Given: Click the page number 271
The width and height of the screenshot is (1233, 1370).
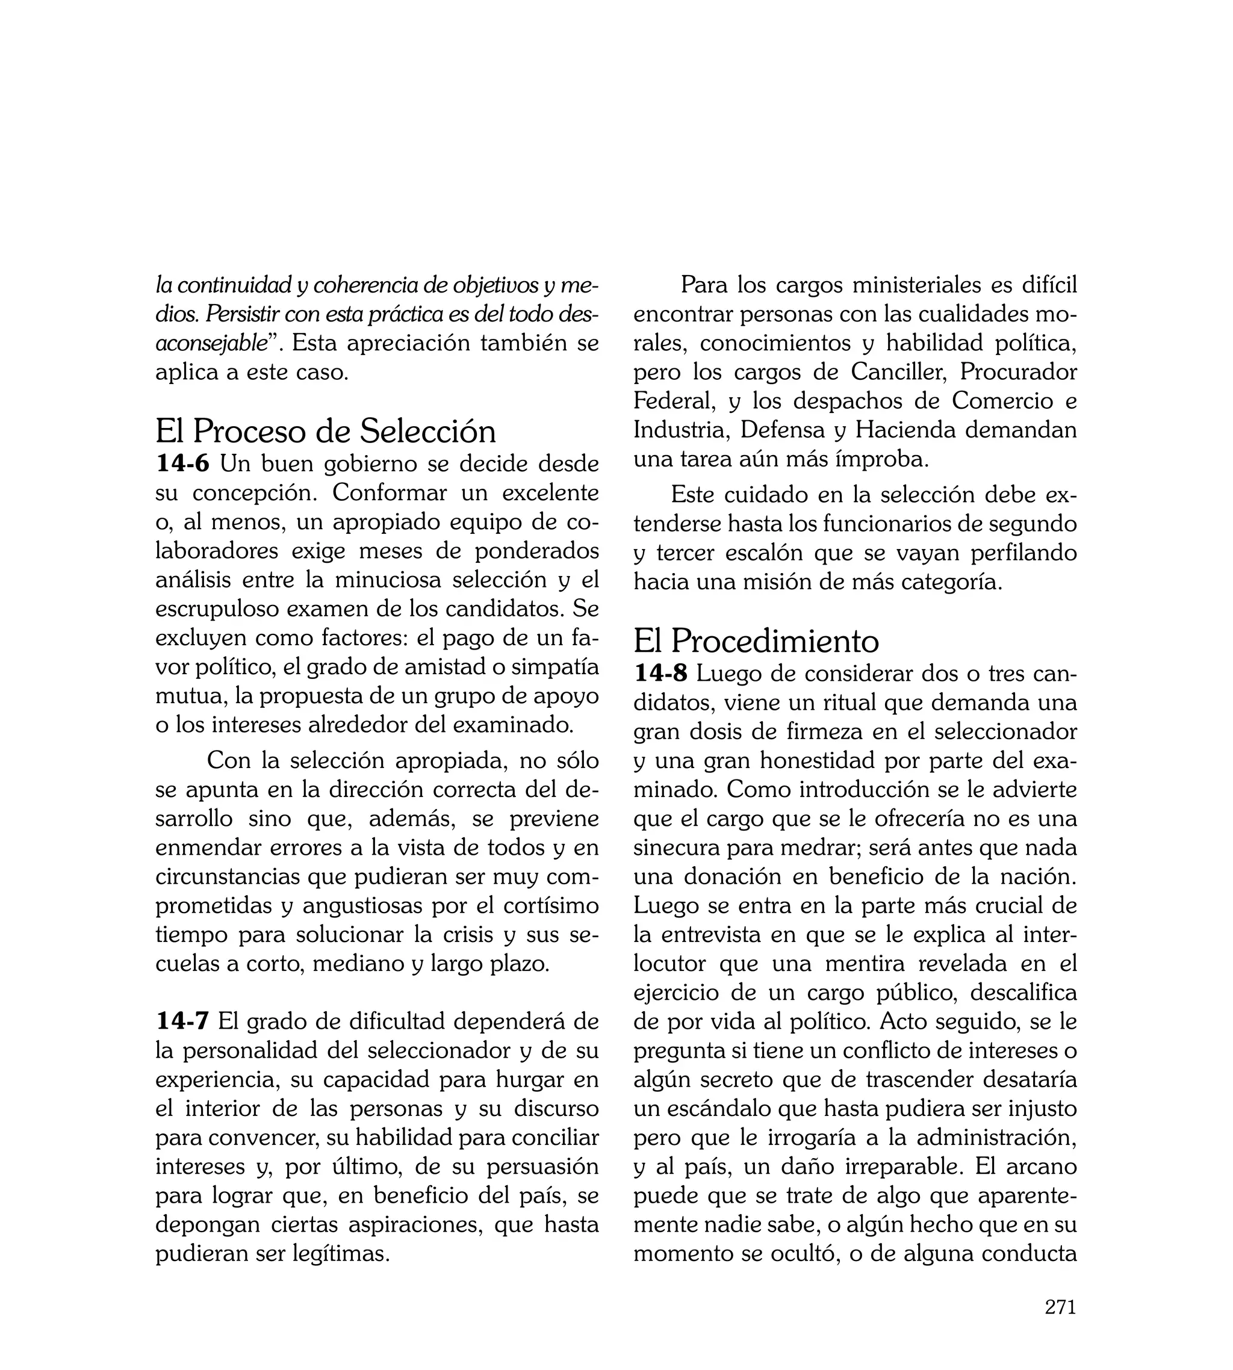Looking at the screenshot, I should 1060,1306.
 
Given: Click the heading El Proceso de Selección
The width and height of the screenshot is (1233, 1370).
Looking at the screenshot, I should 325,431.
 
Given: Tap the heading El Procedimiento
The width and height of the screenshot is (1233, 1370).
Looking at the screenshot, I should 756,640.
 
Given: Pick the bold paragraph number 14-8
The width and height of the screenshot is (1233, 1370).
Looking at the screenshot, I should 660,674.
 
